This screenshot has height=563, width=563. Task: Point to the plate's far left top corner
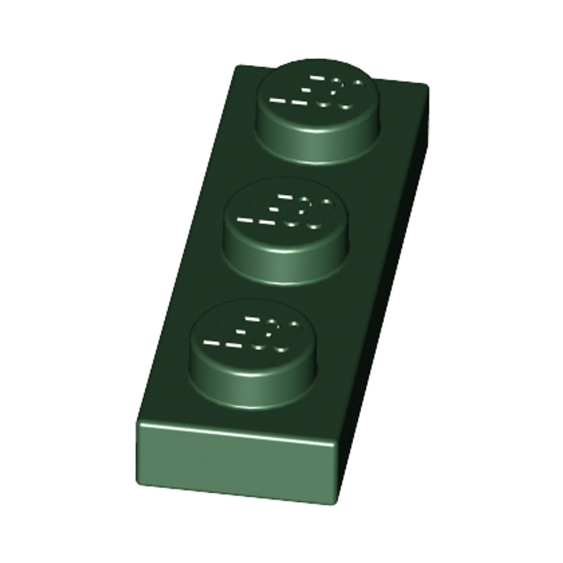click(235, 67)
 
